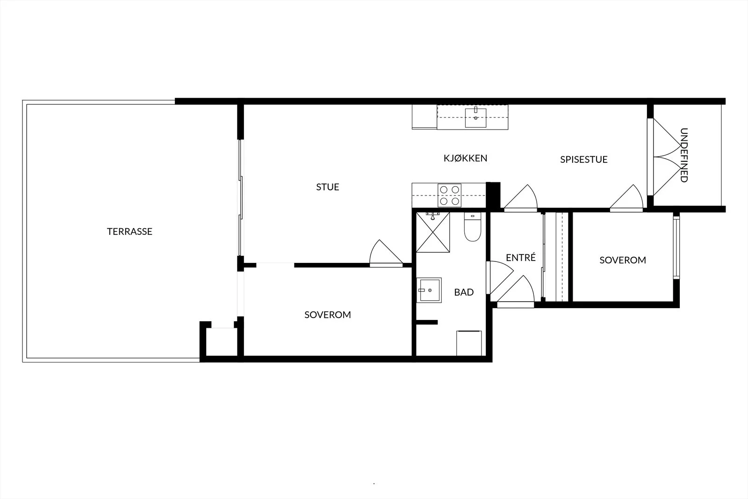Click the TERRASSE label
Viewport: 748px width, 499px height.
(x=129, y=231)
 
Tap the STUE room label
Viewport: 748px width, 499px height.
(x=328, y=187)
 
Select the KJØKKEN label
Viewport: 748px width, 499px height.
(x=465, y=158)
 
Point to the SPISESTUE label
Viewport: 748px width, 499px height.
(x=584, y=159)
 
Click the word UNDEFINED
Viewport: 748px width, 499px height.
(x=684, y=155)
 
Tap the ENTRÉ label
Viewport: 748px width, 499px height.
(x=521, y=257)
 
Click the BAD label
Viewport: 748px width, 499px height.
(x=464, y=292)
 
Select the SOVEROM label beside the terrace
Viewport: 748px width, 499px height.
(x=328, y=315)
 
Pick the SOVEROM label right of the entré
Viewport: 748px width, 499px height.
(x=623, y=260)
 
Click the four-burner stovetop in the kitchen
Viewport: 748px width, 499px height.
(x=449, y=195)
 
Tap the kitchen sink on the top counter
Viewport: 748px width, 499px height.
(x=476, y=117)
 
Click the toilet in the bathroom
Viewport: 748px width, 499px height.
(x=473, y=227)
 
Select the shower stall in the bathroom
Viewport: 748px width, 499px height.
(x=433, y=232)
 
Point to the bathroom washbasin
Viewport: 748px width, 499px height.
(x=429, y=290)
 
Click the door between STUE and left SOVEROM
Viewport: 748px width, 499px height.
(x=386, y=254)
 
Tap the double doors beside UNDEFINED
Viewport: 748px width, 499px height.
(x=664, y=157)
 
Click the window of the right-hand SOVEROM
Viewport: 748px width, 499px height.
(x=676, y=247)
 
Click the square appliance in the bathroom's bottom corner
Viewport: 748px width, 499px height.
(x=469, y=343)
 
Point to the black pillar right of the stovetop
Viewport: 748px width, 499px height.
(x=493, y=195)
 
